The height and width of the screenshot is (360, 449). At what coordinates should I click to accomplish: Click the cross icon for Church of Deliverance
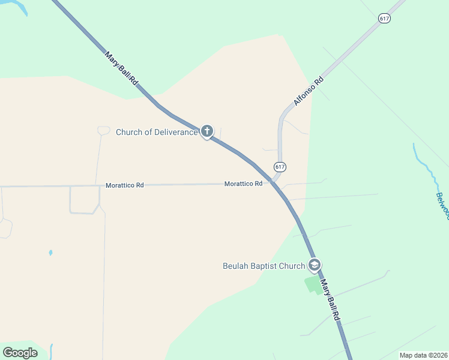coord(207,131)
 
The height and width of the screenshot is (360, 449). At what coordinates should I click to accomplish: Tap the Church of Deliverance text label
coord(156,132)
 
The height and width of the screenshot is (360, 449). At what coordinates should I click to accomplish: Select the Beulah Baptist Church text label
coord(264,266)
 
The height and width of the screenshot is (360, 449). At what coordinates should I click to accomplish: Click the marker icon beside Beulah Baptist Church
coord(315,265)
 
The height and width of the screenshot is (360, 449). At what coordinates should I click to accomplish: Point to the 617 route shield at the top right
coord(384,19)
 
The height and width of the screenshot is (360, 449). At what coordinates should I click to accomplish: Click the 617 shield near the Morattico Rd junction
coord(280,166)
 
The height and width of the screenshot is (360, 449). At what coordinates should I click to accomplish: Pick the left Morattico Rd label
coord(124,185)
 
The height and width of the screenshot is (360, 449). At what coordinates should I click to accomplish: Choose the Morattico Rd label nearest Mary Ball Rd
coord(243,184)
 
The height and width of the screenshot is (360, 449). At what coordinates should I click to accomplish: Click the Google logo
coord(20,352)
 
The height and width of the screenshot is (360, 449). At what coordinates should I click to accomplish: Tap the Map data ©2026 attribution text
coord(423,355)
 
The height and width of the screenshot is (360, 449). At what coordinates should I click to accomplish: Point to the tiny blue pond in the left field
coord(50,253)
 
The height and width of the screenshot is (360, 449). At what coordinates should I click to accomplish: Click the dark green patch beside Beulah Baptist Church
coord(312,284)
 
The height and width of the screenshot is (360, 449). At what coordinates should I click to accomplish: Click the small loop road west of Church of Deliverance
coord(103,130)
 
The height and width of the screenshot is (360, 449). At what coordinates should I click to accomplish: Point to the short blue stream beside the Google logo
coord(51,350)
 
